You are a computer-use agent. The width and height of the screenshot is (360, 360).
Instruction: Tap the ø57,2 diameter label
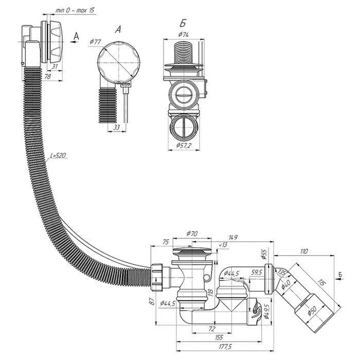click(184, 146)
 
